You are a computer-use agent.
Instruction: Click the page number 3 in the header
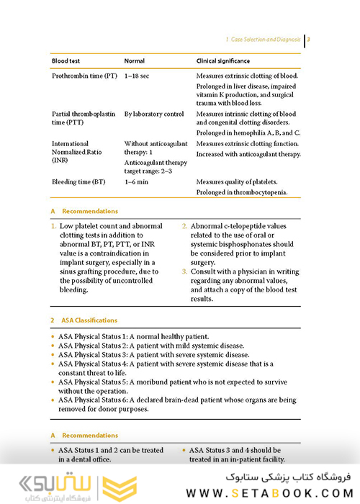(309, 40)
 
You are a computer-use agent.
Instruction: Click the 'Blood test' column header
(66, 61)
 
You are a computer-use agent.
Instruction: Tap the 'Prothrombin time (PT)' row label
(84, 76)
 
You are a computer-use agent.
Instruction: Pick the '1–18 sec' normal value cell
(138, 76)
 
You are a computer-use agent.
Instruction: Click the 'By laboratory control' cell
(154, 114)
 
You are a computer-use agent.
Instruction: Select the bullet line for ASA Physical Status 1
(133, 336)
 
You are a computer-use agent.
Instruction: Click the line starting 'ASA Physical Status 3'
(153, 355)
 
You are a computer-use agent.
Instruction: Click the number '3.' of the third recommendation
(184, 271)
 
